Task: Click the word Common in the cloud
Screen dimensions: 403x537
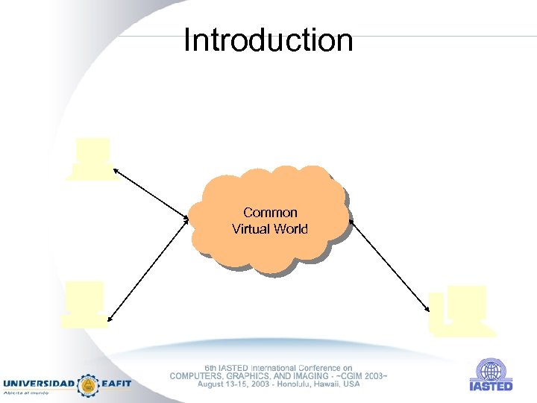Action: (x=270, y=213)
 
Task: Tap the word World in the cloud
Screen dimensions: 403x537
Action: (x=290, y=229)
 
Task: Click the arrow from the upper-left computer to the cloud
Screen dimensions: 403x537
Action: (x=151, y=195)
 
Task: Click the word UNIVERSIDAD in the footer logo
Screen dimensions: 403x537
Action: (x=40, y=384)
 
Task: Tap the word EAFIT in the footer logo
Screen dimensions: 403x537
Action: (x=116, y=384)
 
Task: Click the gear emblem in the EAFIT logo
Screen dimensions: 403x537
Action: (x=89, y=384)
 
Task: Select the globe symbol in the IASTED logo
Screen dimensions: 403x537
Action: (x=491, y=370)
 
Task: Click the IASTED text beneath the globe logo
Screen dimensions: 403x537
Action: (x=491, y=386)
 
